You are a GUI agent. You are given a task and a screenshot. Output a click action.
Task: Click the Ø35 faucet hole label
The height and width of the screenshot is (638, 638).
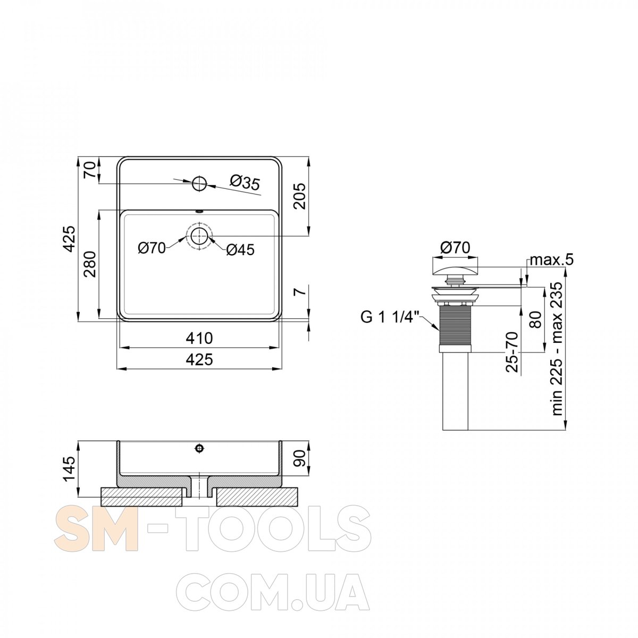click(245, 182)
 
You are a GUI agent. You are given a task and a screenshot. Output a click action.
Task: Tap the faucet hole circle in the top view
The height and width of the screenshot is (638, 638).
click(199, 183)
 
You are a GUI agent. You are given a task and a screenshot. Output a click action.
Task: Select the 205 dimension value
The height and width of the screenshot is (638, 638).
click(300, 196)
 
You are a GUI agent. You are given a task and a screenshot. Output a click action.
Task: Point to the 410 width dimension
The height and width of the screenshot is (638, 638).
click(199, 338)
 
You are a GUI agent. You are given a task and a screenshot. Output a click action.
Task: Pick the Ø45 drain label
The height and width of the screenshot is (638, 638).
click(240, 250)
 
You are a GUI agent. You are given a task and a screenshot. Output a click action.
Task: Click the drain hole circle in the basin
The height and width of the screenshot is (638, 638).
click(199, 236)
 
